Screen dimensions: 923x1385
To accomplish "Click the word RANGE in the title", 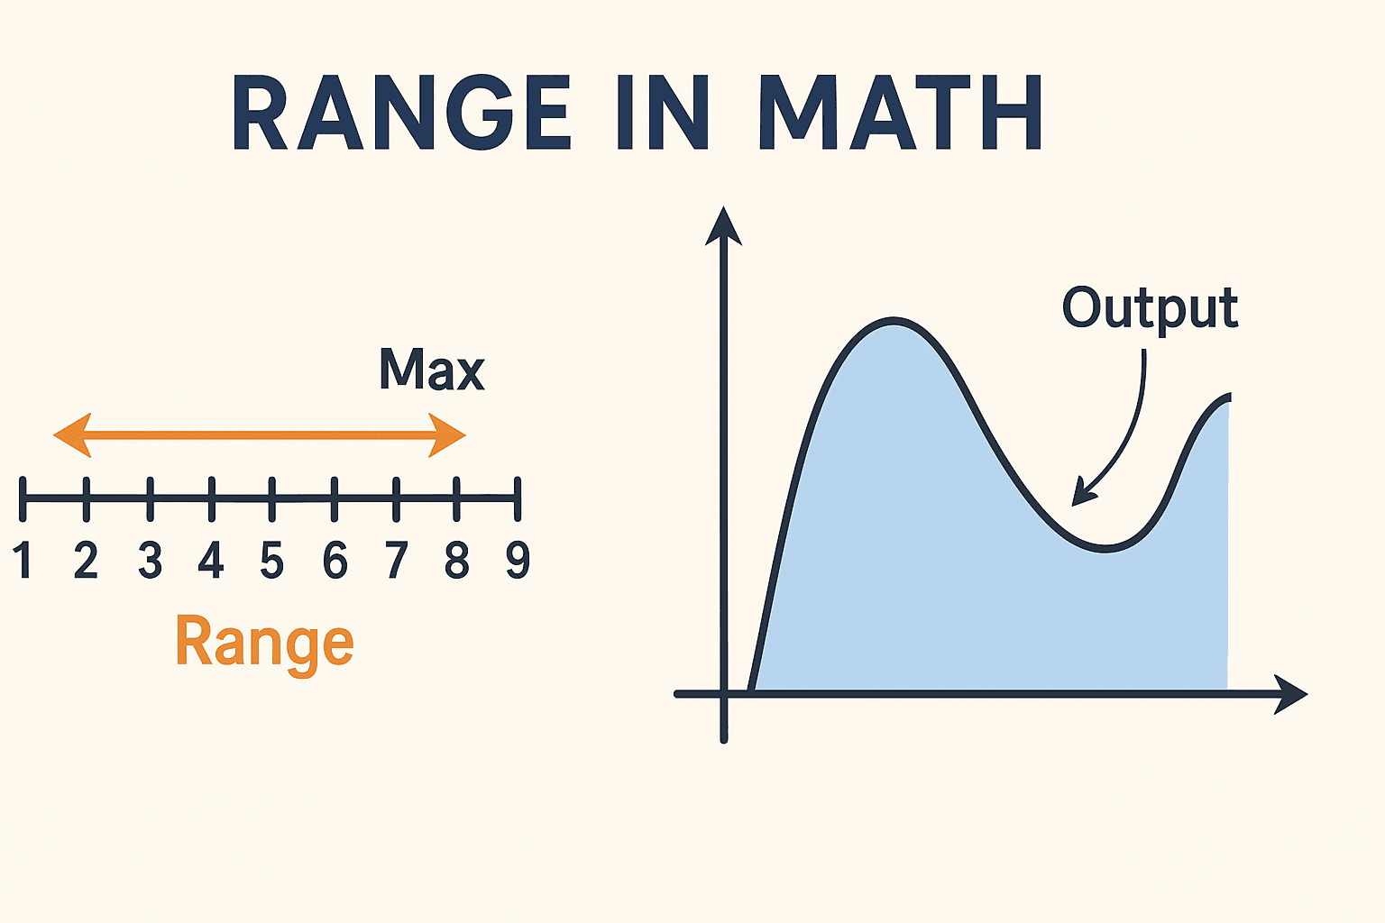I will click(x=402, y=114).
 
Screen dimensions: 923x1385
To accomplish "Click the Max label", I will click(x=432, y=369).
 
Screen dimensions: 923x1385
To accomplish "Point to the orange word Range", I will click(x=264, y=644).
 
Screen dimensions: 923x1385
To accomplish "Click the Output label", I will click(x=1150, y=309).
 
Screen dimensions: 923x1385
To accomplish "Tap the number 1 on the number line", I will click(x=23, y=560).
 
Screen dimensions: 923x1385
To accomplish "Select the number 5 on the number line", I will click(x=271, y=560).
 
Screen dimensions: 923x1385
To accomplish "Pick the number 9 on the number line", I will click(x=518, y=560).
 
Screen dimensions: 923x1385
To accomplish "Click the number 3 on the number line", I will click(x=150, y=560).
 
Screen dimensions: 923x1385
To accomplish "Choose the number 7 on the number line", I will click(x=396, y=560).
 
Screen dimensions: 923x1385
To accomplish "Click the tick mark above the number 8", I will click(x=457, y=498).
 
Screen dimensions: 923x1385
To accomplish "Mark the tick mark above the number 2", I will click(x=87, y=498).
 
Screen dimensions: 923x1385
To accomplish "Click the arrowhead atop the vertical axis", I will click(x=723, y=225).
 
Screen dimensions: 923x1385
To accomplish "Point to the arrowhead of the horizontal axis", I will click(x=1291, y=694).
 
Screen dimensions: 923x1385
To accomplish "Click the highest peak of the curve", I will click(x=893, y=322).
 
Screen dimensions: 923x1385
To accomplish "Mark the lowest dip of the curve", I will click(x=1105, y=547).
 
